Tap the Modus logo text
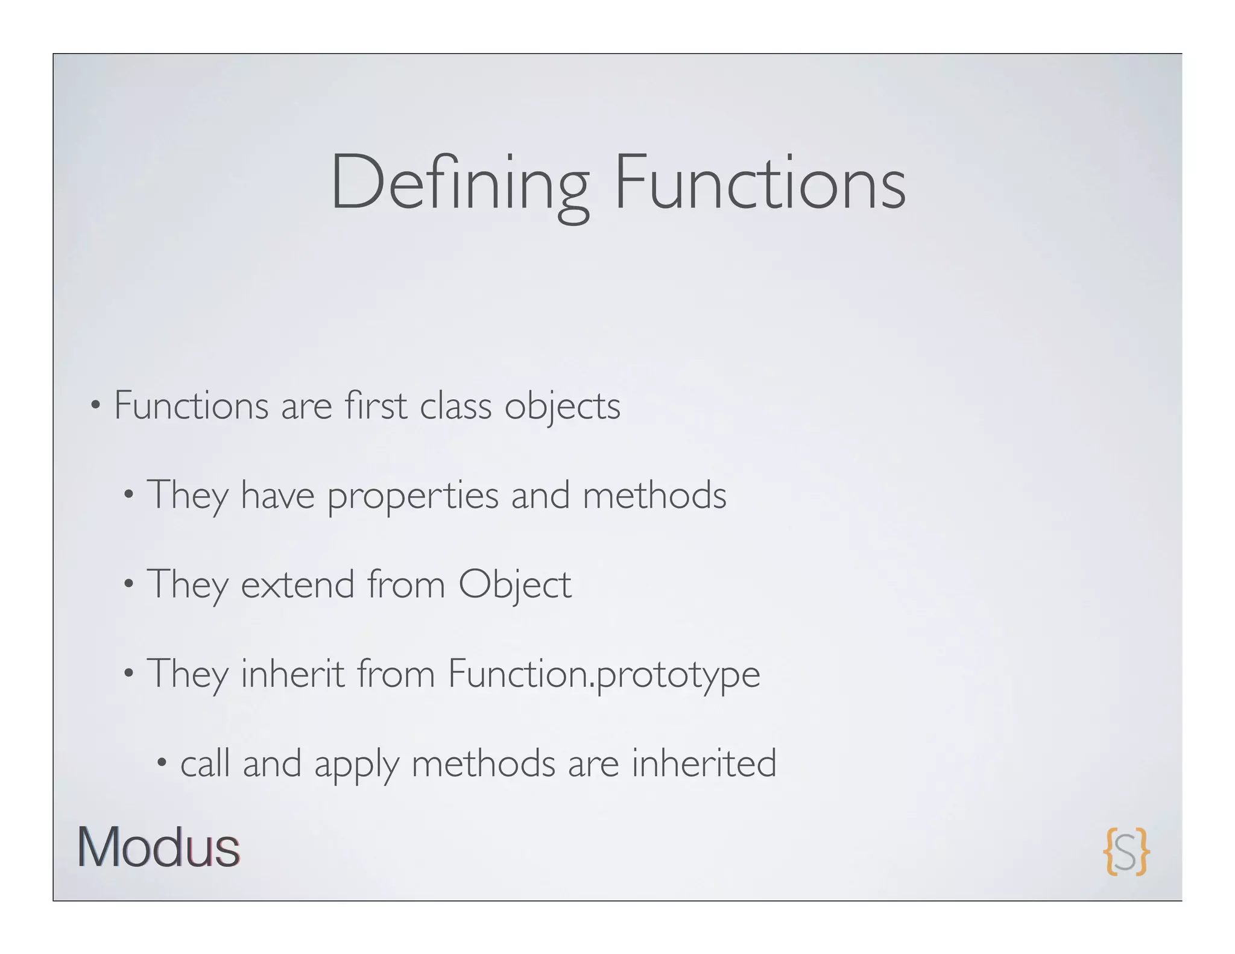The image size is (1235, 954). pos(159,847)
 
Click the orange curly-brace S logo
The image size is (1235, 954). pos(1126,851)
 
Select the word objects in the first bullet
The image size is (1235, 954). pos(562,406)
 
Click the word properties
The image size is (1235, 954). pos(413,496)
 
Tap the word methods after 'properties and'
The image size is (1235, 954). pos(654,495)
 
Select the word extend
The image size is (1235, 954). pos(297,584)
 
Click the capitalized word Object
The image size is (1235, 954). pos(514,586)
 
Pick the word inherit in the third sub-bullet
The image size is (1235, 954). pos(292,674)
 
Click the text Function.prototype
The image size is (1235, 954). pos(604,675)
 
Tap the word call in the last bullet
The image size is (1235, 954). pos(205,763)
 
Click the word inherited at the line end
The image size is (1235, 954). pos(704,763)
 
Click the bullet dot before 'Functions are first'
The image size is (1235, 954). pos(95,405)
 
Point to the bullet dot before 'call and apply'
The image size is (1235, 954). pos(161,763)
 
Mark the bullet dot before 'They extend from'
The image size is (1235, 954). pos(128,584)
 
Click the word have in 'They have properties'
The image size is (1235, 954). pos(277,495)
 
